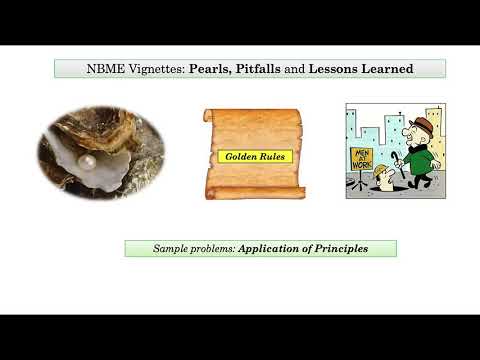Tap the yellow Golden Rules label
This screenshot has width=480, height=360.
click(x=253, y=156)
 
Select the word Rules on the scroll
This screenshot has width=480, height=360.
click(x=271, y=156)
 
